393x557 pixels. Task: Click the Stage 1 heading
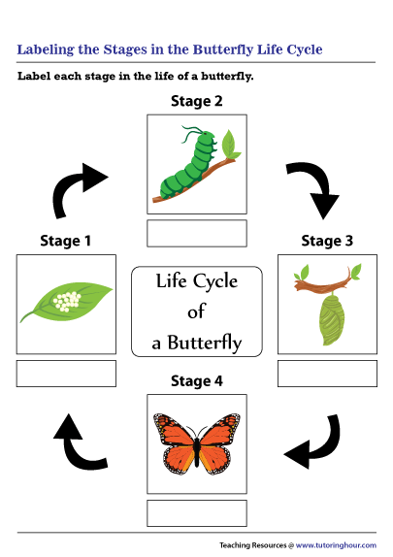pyautogui.click(x=66, y=241)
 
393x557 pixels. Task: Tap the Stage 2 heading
pyautogui.click(x=196, y=101)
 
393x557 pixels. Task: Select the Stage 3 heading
pyautogui.click(x=327, y=241)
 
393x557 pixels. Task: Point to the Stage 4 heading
pyautogui.click(x=196, y=381)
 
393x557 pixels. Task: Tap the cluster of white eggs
pyautogui.click(x=67, y=301)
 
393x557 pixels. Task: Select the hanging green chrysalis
pyautogui.click(x=332, y=319)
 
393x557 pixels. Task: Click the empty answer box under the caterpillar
pyautogui.click(x=197, y=234)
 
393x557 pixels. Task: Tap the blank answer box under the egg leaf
pyautogui.click(x=66, y=374)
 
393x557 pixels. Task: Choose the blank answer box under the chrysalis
pyautogui.click(x=327, y=374)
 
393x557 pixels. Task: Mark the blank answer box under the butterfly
pyautogui.click(x=197, y=513)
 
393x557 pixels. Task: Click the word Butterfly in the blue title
pyautogui.click(x=223, y=50)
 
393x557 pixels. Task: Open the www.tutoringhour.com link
pyautogui.click(x=336, y=545)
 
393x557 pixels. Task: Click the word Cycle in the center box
pyautogui.click(x=215, y=282)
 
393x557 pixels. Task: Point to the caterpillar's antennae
pyautogui.click(x=193, y=133)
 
